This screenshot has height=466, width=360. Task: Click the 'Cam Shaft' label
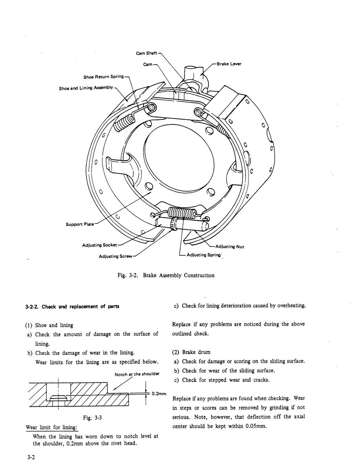point(146,53)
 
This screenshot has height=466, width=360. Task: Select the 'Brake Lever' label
point(229,64)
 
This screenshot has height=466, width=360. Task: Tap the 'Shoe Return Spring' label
point(104,77)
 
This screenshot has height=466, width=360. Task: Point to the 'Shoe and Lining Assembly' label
point(86,88)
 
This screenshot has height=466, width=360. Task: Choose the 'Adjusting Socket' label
point(100,245)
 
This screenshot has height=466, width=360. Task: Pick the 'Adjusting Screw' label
point(115,256)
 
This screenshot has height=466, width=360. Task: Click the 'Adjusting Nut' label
point(230,247)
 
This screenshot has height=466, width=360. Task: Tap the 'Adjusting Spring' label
point(204,255)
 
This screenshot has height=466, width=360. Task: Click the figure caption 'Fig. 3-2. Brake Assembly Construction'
point(166,275)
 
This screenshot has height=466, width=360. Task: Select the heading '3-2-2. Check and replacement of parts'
point(72,306)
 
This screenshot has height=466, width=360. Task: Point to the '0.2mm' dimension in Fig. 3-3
point(159,394)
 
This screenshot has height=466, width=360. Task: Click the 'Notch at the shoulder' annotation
point(137,374)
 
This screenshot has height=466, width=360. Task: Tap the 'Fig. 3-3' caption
point(92,418)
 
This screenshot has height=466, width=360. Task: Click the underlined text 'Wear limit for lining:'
point(52,428)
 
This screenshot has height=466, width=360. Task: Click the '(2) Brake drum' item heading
point(191,352)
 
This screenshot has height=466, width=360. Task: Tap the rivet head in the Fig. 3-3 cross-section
point(58,397)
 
